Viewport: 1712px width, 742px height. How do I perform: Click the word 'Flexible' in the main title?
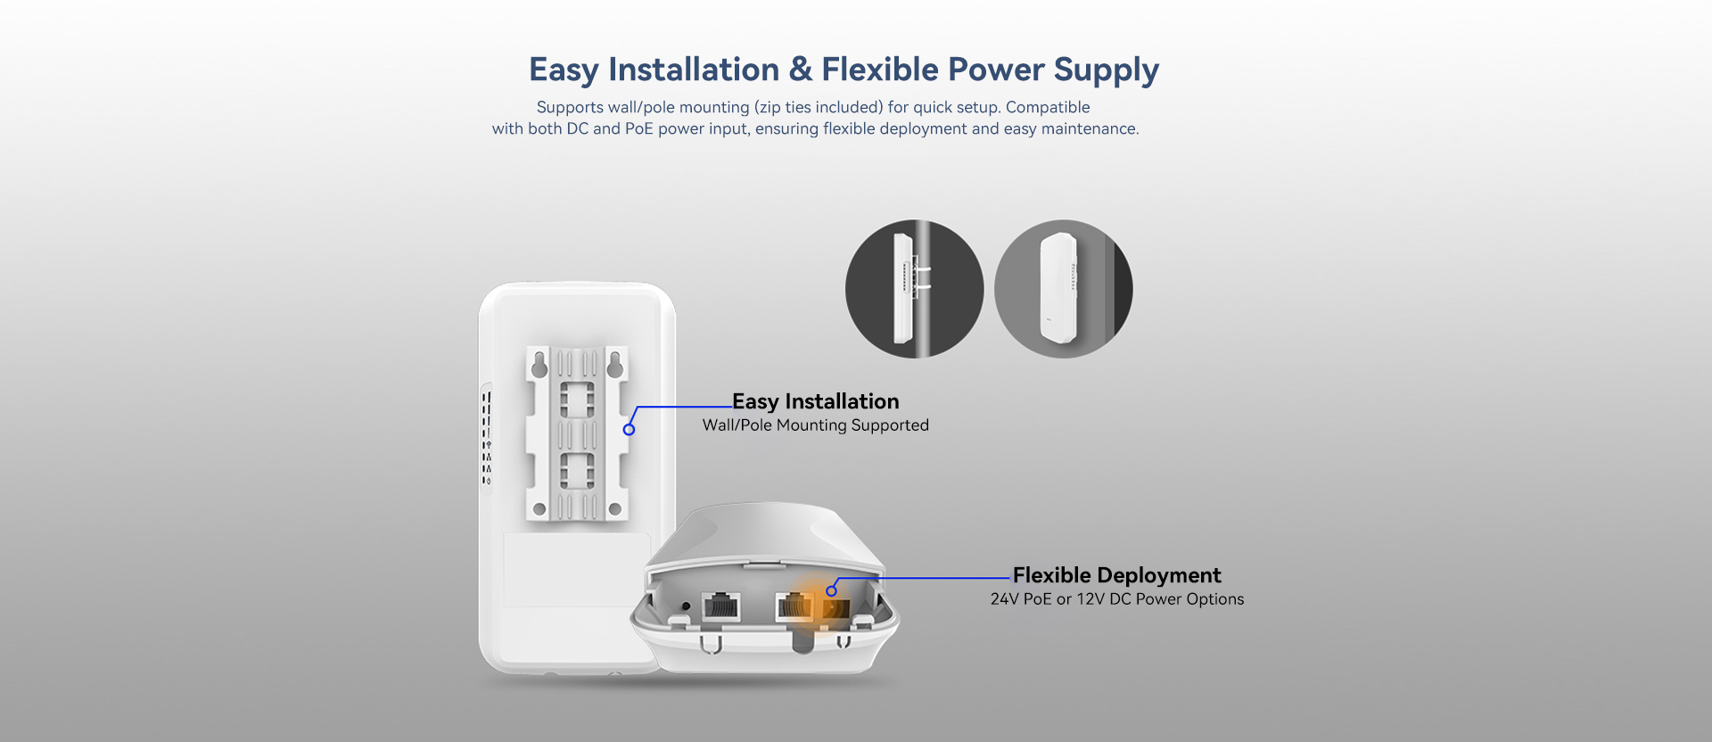point(880,70)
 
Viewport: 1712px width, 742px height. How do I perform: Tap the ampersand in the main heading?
point(800,70)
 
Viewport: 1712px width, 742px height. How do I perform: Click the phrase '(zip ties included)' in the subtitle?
point(819,107)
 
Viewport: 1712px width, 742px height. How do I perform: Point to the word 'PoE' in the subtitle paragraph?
point(638,128)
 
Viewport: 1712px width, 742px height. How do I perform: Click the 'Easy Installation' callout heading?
point(816,401)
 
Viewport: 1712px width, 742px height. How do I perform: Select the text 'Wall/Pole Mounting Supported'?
point(816,425)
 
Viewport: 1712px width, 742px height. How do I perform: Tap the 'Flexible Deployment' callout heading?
point(1116,575)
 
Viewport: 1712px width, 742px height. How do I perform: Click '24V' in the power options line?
point(1004,599)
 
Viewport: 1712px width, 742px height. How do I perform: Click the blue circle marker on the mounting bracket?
point(629,430)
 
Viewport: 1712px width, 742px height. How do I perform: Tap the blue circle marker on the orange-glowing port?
point(831,590)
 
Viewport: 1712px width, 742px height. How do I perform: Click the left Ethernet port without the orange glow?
point(720,606)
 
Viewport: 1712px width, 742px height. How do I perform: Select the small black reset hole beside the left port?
point(685,606)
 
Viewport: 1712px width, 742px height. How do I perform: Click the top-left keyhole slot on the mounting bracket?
point(539,365)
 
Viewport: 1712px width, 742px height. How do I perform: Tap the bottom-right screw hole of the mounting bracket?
point(615,509)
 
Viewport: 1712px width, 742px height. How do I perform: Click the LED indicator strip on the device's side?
point(487,438)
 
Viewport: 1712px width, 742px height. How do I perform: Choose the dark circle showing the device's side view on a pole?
point(914,289)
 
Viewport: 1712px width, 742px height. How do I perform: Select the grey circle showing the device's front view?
point(1063,289)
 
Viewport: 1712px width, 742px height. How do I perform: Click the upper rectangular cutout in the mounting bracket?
point(577,400)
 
